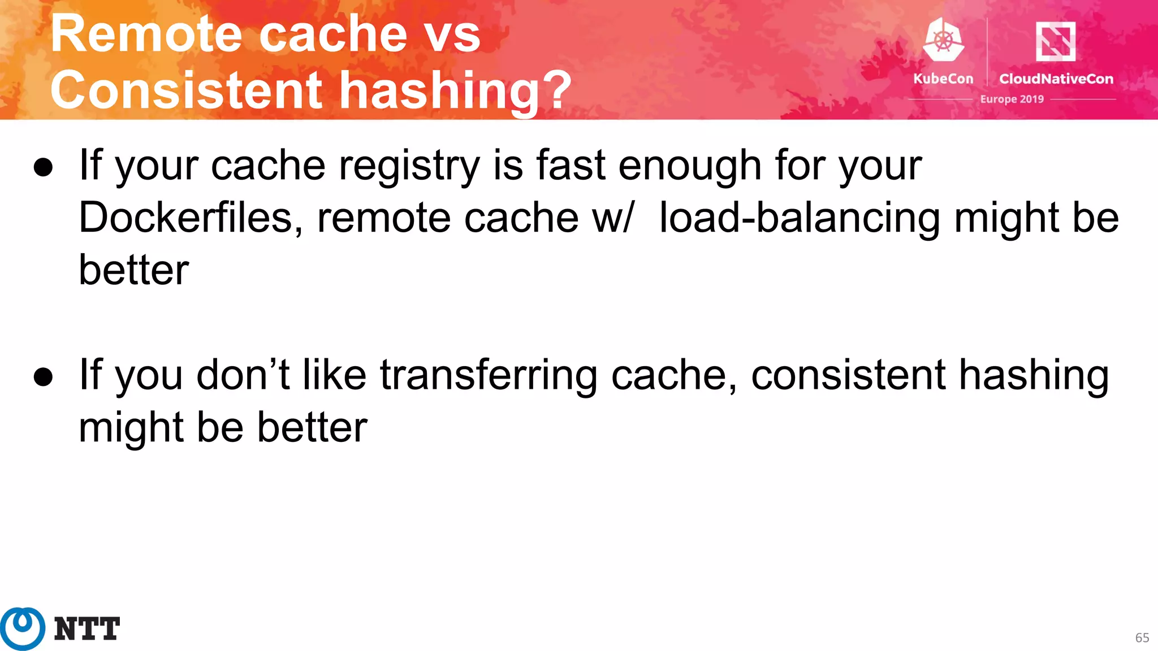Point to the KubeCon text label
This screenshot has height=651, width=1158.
[943, 79]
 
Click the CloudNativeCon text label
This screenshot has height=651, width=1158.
[1056, 79]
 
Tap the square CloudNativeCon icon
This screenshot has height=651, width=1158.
[1055, 41]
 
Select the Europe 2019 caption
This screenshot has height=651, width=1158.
[1012, 99]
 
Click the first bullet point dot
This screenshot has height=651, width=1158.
[44, 167]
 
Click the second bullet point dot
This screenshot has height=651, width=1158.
[44, 377]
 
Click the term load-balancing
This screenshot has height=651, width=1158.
[800, 218]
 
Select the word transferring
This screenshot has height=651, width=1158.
[488, 375]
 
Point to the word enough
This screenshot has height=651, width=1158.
[689, 166]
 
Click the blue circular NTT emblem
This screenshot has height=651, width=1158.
[23, 628]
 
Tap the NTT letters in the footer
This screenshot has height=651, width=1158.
[87, 629]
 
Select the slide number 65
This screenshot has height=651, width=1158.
[1142, 637]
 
